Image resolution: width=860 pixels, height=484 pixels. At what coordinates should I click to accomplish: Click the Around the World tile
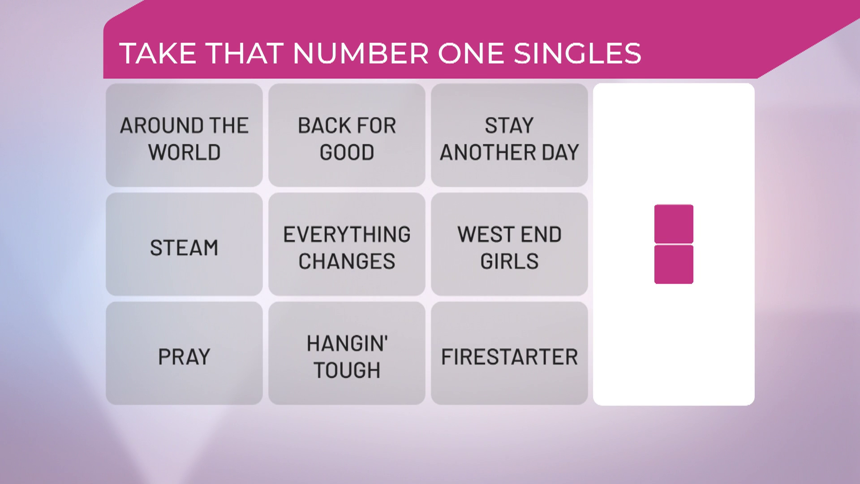click(x=184, y=135)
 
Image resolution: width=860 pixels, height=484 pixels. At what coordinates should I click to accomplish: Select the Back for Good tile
click(x=347, y=135)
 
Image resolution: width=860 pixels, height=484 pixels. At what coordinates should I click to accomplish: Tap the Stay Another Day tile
click(x=509, y=135)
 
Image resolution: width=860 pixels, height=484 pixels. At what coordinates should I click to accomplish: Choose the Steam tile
click(x=184, y=244)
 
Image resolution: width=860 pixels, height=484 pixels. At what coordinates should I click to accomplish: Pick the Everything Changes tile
click(x=347, y=244)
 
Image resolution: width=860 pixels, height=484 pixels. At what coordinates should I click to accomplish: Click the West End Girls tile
click(x=509, y=244)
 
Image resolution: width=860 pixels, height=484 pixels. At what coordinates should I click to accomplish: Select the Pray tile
click(x=184, y=353)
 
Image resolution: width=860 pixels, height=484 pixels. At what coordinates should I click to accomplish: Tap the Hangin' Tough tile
click(x=347, y=353)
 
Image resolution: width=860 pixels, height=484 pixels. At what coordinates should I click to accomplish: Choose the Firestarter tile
click(x=509, y=353)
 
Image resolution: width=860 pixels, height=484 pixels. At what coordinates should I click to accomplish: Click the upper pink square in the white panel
click(x=674, y=224)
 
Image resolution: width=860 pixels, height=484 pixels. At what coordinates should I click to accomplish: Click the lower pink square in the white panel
click(x=674, y=264)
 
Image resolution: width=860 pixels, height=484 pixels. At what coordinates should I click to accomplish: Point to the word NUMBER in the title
click(x=361, y=53)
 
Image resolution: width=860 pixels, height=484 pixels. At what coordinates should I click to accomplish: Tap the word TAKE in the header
click(x=158, y=53)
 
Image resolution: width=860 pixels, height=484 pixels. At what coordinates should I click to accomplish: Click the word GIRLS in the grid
click(x=509, y=261)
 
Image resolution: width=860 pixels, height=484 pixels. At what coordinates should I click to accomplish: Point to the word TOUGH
click(x=347, y=370)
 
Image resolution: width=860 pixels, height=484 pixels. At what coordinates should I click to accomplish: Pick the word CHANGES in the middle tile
click(x=347, y=261)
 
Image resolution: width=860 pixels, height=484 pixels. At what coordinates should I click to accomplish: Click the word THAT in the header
click(x=245, y=53)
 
